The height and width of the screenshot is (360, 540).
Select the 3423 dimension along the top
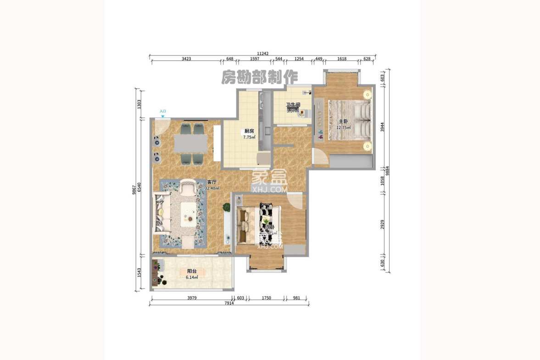point(186,59)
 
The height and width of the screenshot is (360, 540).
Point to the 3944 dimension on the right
point(383,127)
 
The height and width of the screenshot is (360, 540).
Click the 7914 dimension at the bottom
point(229,303)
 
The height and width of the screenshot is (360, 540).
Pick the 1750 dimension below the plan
point(266,298)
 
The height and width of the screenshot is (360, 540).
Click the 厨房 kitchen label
point(249,131)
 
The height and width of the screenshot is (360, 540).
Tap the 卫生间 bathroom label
point(293,105)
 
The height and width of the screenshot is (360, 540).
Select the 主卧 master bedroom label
point(344,122)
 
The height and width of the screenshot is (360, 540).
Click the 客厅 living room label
point(212,183)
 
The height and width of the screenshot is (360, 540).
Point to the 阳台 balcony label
point(192,271)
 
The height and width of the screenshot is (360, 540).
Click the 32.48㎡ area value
point(212,188)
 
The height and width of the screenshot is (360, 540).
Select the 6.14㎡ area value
point(192,277)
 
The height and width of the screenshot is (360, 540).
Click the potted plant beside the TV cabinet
point(226,207)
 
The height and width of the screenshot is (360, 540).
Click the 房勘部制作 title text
point(260,78)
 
